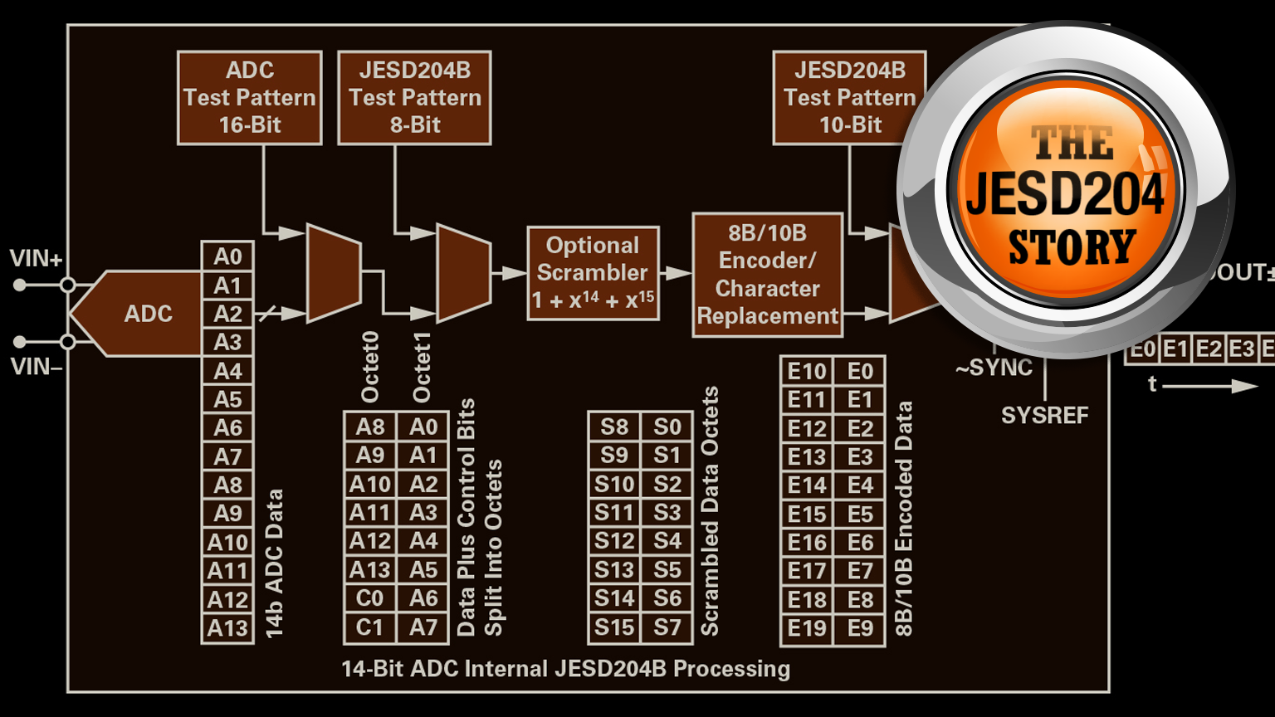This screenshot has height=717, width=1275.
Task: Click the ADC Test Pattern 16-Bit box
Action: click(249, 98)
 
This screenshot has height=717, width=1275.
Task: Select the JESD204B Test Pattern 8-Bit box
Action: click(414, 98)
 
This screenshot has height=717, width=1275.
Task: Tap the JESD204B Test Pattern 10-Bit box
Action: click(849, 98)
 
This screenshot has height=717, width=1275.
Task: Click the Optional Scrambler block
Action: click(593, 273)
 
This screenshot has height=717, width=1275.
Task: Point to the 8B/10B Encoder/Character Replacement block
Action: click(767, 275)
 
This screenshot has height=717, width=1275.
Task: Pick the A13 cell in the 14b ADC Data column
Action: click(227, 628)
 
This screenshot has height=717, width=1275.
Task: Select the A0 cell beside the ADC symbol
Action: click(227, 256)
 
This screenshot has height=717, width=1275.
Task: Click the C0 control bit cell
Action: click(370, 598)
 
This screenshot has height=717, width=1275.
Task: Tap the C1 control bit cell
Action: click(370, 627)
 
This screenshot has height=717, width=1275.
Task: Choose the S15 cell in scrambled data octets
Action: click(613, 627)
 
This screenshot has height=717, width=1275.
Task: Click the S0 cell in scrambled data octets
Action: click(667, 427)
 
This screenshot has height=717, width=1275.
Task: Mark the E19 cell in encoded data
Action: click(807, 628)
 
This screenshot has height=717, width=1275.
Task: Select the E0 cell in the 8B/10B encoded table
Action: click(860, 371)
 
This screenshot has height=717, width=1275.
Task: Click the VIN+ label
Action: click(36, 259)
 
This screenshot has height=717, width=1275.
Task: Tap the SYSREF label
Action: click(1044, 415)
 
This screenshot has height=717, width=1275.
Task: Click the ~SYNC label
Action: click(994, 368)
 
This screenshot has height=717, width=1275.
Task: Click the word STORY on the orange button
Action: click(1072, 247)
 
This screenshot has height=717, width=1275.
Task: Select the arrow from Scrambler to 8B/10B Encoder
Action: click(677, 273)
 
